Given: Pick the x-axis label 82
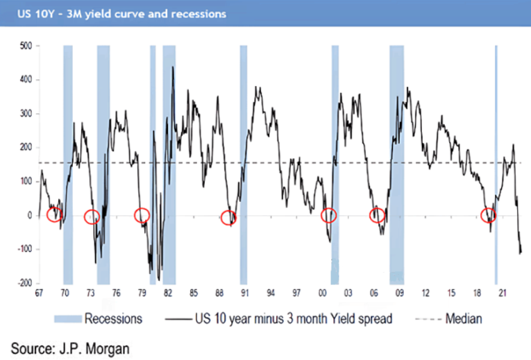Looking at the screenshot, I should (167, 293).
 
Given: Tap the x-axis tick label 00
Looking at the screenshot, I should (323, 293).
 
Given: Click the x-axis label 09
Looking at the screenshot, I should (399, 293).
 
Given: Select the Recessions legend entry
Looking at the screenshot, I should (100, 319).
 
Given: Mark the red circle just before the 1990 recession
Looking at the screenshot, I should (228, 217).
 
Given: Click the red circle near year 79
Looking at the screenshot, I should (142, 215).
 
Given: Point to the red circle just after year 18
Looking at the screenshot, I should (489, 215).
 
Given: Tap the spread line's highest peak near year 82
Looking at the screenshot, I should (172, 67).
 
